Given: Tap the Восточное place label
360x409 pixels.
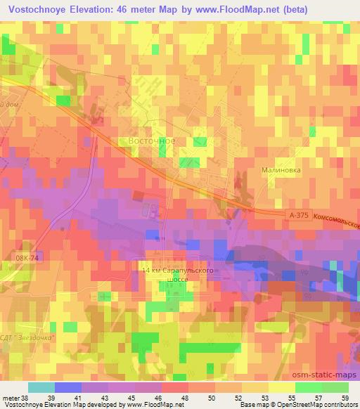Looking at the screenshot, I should (x=152, y=141).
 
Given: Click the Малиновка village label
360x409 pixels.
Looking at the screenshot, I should (x=281, y=169).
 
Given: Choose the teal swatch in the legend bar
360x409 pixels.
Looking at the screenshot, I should (x=41, y=387).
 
